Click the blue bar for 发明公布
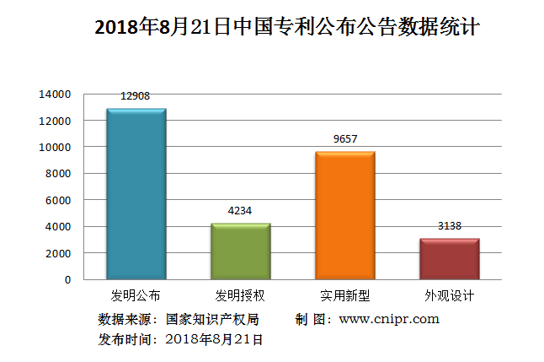pos(136,194)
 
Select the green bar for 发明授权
pos(240,251)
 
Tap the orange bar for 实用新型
pos(344,215)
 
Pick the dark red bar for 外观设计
pos(449,259)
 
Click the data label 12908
pos(135,96)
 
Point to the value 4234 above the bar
pos(239,211)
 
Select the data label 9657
pos(344,139)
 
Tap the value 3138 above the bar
pos(449,226)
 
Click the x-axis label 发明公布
pos(136,296)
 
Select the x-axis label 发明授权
pos(240,296)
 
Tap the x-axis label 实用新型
pos(344,296)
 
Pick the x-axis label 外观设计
pos(449,296)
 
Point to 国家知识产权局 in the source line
pos(212,319)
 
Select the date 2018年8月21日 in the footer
pos(215,339)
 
